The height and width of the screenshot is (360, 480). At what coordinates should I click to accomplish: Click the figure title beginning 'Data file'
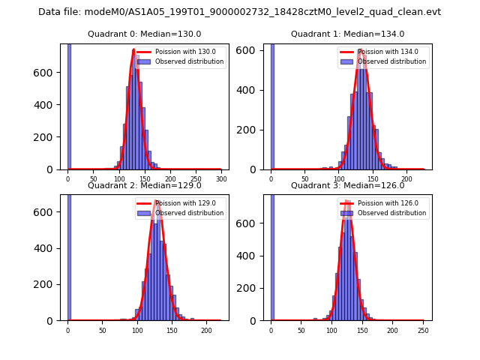coord(239,12)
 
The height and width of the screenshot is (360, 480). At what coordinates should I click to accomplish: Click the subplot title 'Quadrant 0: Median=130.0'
coord(145,34)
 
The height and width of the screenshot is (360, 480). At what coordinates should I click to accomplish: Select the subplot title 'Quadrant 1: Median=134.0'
coord(347,34)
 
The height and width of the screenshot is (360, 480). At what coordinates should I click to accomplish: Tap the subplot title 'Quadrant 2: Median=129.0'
coord(145,185)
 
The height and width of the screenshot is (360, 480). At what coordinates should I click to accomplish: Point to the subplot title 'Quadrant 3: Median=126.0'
coord(347,185)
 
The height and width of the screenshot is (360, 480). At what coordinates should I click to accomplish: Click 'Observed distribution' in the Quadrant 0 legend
coord(189,61)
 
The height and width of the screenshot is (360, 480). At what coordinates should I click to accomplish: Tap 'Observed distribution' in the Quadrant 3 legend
coord(391,213)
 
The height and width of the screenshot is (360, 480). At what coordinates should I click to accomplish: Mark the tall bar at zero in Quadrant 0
coord(69,105)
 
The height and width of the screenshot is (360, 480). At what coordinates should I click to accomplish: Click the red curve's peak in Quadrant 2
coord(157,201)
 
